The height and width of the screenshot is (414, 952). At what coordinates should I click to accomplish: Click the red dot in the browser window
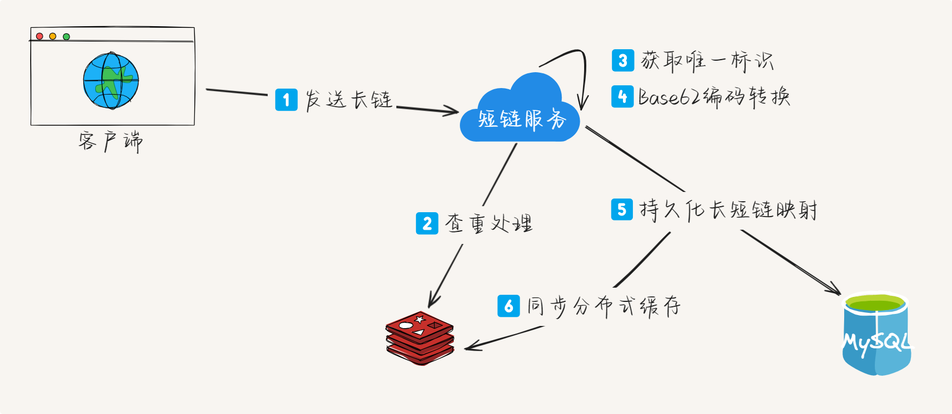coord(39,37)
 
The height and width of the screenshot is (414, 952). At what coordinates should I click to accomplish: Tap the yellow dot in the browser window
coord(53,37)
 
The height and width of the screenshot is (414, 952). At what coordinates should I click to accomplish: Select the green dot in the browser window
coord(66,37)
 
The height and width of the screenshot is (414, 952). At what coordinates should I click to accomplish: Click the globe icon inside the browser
coord(111,80)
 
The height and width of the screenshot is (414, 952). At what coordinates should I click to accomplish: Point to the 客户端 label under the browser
coord(110,141)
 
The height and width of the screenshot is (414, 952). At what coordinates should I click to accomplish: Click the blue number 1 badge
coord(286,100)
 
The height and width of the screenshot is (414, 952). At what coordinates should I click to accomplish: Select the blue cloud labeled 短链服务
coord(520,109)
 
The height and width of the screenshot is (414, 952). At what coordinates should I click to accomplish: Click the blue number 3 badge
coord(623,61)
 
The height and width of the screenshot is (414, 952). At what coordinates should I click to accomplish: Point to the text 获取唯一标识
coord(707,61)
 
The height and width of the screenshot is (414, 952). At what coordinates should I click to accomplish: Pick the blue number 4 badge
coord(622,97)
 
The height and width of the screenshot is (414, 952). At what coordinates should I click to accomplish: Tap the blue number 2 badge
coord(427,223)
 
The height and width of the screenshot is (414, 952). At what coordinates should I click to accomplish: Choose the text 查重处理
coord(489,223)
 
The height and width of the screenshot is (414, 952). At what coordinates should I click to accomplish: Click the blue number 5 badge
coord(622,209)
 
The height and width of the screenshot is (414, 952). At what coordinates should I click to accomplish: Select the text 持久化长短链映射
coord(729,209)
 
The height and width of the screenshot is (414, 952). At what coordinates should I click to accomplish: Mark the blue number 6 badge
coord(509,306)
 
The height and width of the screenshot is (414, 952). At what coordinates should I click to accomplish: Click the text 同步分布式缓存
coord(604,306)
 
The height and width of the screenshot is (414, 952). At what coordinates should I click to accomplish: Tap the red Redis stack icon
coord(420,338)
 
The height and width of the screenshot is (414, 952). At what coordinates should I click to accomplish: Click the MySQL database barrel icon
coord(876,334)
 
